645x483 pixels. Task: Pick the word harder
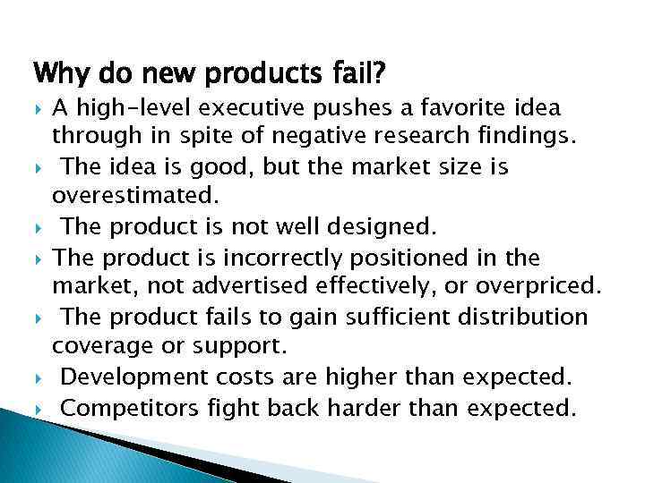click(x=368, y=408)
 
